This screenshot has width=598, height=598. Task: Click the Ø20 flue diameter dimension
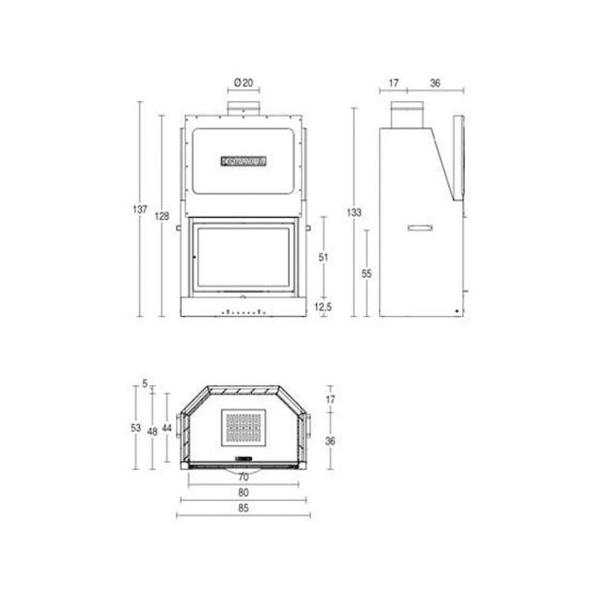tap(243, 83)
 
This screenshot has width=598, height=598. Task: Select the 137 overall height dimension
tap(140, 209)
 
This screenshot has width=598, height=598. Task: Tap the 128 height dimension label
tap(161, 216)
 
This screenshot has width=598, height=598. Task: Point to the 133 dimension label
tap(354, 212)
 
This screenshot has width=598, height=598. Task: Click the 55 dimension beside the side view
tap(367, 273)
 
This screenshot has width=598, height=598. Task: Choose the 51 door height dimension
tap(323, 258)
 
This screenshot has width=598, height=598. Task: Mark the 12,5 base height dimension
tap(323, 306)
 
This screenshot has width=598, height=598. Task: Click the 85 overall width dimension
tap(243, 508)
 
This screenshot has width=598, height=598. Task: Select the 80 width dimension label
tap(243, 493)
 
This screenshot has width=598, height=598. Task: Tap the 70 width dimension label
tap(243, 477)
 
